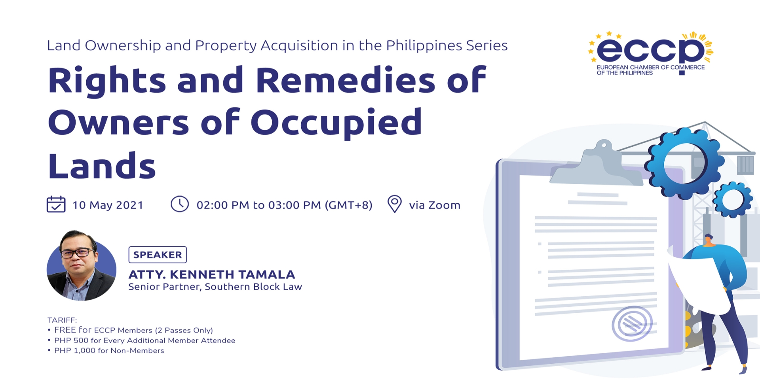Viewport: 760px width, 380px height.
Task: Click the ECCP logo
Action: [651, 53]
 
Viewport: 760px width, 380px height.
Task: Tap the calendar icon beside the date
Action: [56, 204]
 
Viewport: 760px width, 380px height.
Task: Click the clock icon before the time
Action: [180, 204]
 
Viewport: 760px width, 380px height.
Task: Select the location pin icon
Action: [394, 204]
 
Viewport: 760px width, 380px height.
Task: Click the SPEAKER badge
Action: [158, 255]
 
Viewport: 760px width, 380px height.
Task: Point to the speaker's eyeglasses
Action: [78, 252]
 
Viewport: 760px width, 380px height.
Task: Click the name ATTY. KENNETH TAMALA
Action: [212, 274]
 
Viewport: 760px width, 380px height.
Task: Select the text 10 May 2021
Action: [108, 205]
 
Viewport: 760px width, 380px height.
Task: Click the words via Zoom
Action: [435, 205]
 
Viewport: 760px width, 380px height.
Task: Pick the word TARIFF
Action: [62, 320]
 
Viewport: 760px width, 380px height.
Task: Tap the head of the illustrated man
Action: [708, 240]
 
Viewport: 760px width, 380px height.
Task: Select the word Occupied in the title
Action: [336, 123]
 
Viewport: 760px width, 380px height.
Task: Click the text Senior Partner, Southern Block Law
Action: [215, 287]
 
